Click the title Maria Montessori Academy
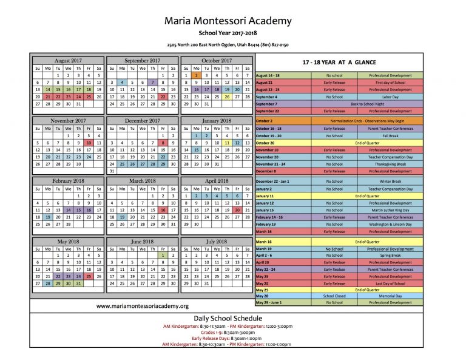pos(228,21)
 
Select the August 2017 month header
pos(67,61)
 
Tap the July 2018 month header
pos(217,242)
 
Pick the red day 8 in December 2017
pos(163,142)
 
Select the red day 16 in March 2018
pos(163,209)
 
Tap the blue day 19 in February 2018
pos(47,216)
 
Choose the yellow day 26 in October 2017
pos(227,96)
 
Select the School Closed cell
pos(334,296)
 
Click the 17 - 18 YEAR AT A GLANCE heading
pos(339,63)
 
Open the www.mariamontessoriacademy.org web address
pos(143,306)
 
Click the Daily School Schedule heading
pos(228,318)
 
